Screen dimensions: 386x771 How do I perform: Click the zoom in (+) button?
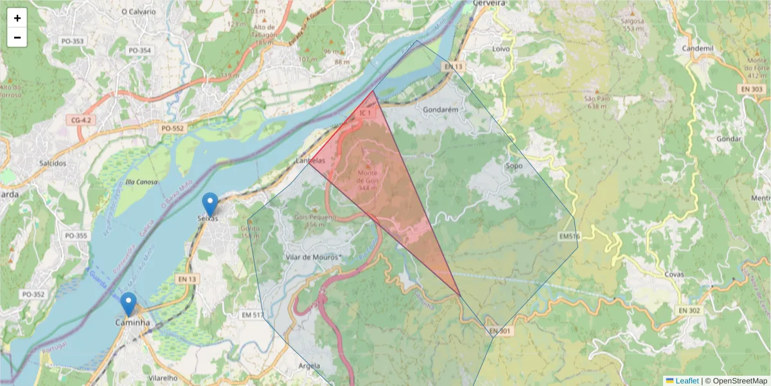coord(17,19)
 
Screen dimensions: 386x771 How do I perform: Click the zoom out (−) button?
coord(17,37)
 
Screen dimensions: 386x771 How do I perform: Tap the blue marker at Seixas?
coord(209,205)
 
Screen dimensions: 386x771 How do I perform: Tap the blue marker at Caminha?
coord(128,304)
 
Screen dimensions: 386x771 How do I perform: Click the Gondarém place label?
coord(441,110)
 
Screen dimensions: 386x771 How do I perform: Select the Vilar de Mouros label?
coord(311,257)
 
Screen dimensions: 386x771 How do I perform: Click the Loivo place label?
coord(501,49)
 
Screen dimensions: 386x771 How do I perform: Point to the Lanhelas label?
coord(311,160)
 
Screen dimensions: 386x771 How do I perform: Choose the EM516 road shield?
coord(569,237)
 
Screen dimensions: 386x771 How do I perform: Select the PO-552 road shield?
coord(172,129)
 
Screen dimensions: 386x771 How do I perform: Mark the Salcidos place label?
coord(53,163)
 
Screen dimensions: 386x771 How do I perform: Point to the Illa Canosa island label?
coord(142,182)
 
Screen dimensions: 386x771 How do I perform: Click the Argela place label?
coord(309,365)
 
